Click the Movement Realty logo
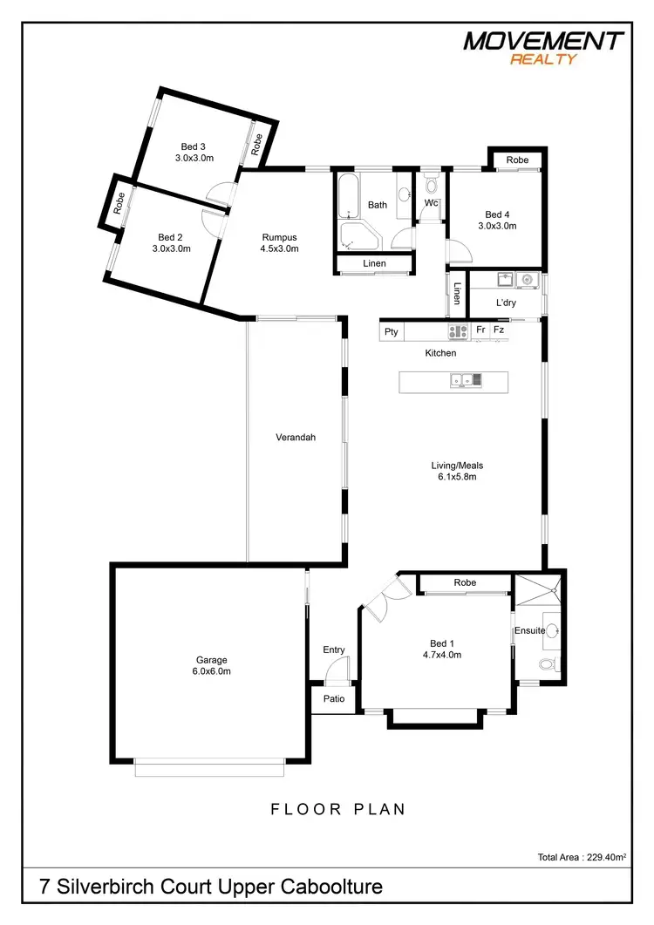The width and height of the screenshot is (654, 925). point(543,46)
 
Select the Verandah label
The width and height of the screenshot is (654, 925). point(295,438)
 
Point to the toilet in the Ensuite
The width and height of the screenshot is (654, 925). point(547,664)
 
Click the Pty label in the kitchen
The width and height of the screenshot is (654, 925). point(392,331)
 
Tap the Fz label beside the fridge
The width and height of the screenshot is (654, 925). point(499,330)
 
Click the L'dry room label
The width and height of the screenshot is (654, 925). point(507,303)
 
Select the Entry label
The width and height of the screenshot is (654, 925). point(334,650)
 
